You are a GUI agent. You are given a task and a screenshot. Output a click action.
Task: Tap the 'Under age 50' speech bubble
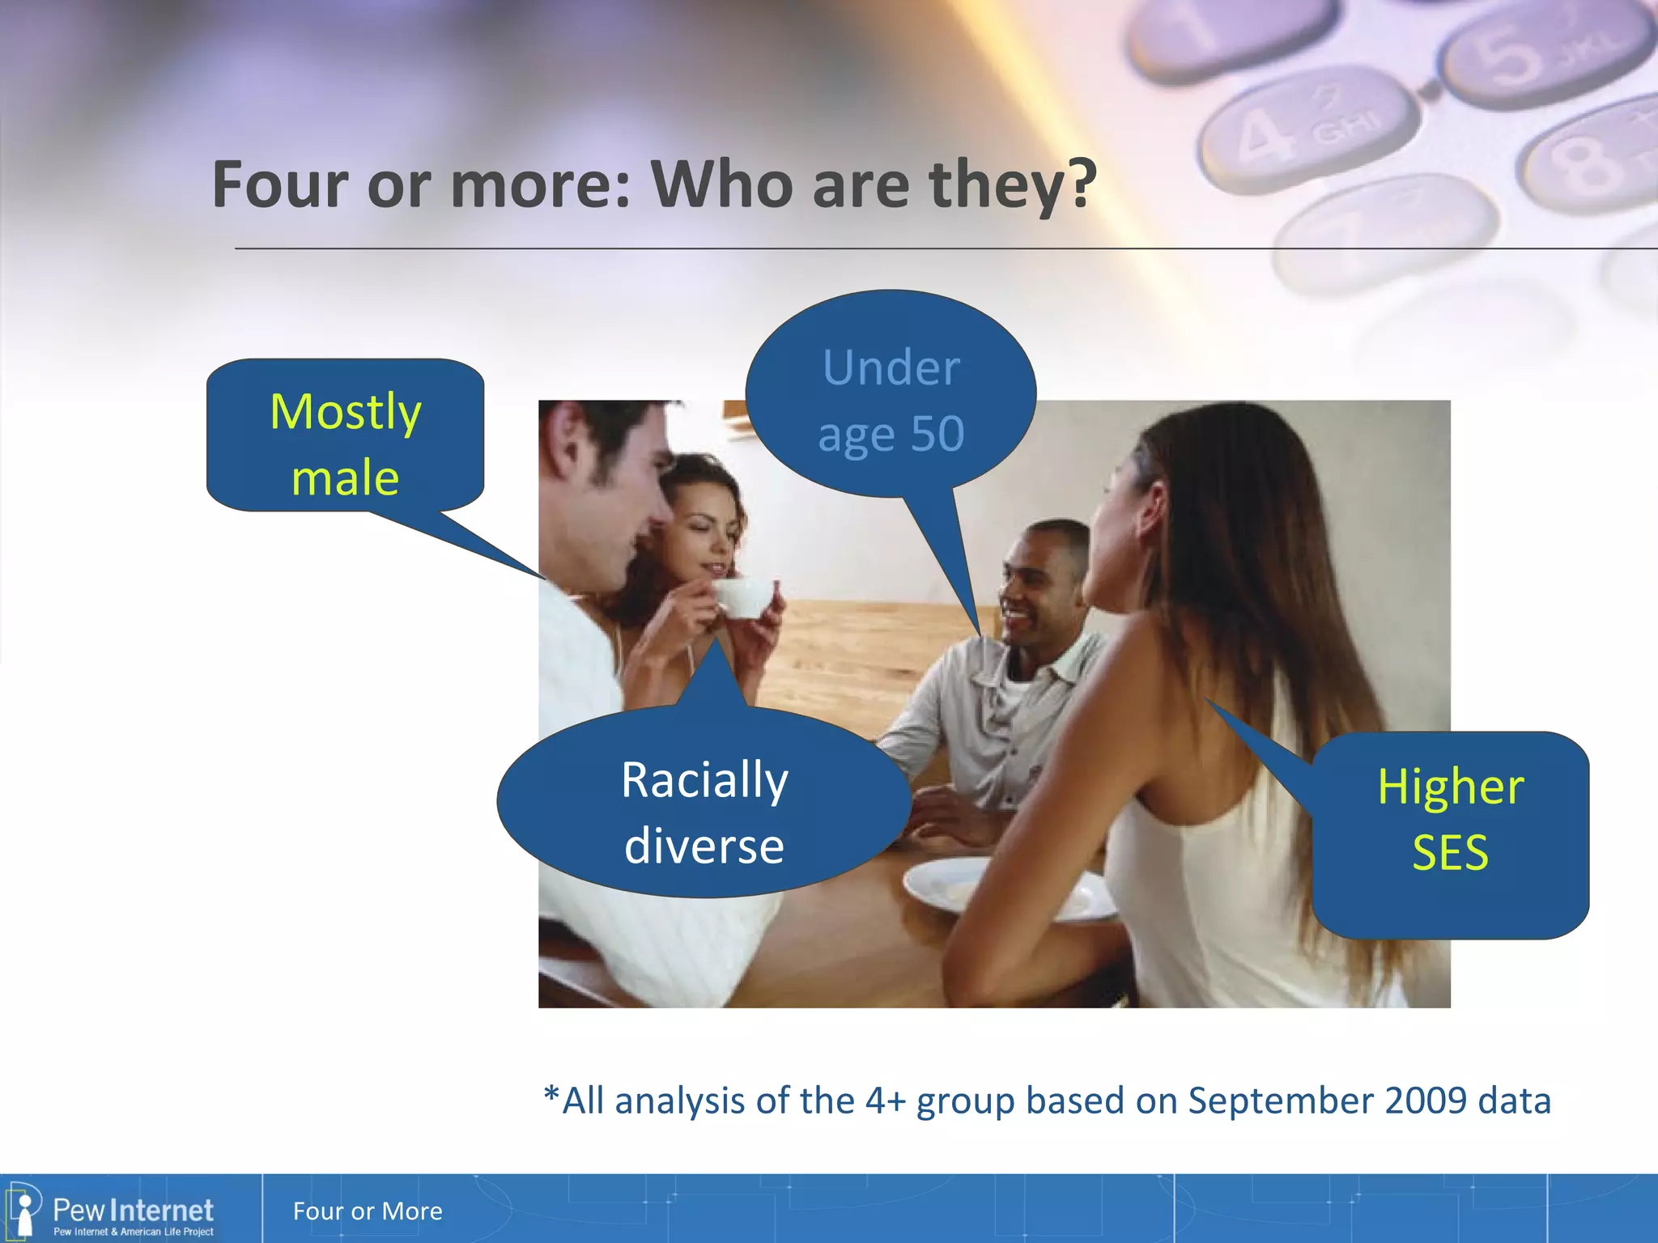coord(891,397)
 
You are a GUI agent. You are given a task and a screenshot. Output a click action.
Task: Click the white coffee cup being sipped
coord(741,597)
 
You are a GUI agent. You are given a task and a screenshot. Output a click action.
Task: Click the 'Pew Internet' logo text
coord(133,1211)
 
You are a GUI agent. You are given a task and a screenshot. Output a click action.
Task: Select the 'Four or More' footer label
coord(368,1211)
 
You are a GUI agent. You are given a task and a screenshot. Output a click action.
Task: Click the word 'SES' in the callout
coord(1450,853)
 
